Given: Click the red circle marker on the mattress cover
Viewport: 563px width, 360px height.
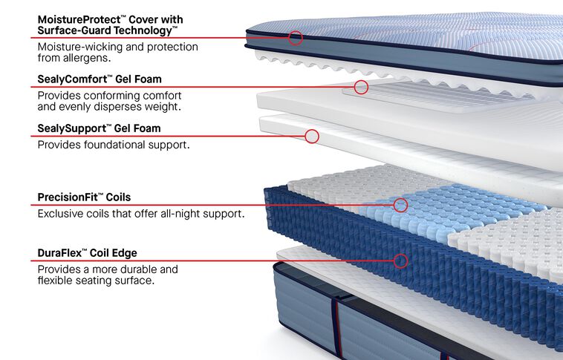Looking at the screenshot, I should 295,38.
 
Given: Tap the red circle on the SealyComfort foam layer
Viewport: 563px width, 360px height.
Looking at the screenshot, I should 361,87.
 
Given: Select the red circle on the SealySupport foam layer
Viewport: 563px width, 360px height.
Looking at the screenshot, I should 312,136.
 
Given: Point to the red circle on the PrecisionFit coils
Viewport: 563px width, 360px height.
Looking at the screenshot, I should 400,205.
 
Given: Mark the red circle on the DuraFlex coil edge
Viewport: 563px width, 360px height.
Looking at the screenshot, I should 401,261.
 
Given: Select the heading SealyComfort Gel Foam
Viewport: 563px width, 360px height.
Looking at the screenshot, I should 100,79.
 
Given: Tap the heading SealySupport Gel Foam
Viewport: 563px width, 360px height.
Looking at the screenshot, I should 99,128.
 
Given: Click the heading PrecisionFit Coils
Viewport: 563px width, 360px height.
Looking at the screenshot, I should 84,197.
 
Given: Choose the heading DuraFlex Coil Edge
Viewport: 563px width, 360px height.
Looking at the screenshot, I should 87,252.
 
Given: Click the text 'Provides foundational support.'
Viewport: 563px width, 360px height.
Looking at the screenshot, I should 114,145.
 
